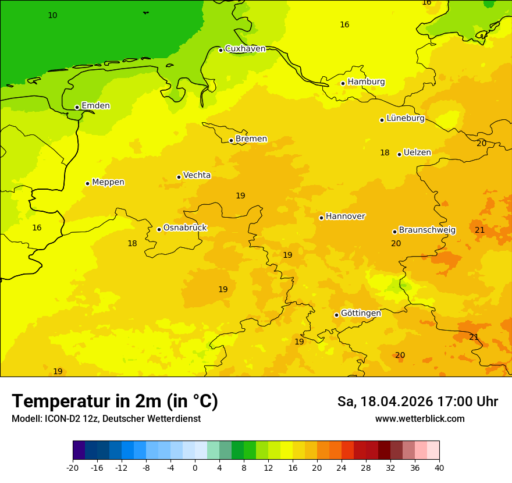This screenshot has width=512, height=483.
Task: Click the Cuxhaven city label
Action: coord(245,49)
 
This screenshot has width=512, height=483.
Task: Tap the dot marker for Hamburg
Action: coord(343,83)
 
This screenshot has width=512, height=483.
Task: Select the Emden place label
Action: coord(95,106)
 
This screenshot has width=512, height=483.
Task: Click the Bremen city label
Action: coord(251,139)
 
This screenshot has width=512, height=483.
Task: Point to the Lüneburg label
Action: coord(405,119)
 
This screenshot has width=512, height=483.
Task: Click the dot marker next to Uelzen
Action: coord(399,154)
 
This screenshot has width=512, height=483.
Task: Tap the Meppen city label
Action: coord(108,182)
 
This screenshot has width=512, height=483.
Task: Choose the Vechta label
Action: coord(197,175)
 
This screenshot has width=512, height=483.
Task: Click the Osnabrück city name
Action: coord(185,228)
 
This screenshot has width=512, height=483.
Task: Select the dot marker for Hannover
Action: coord(321,218)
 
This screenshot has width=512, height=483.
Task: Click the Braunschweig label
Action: coord(427,230)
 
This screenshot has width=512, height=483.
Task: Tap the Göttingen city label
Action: coord(361,314)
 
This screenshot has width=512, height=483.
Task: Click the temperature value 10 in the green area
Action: coord(52,16)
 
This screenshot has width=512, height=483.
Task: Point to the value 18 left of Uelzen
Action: coord(385,153)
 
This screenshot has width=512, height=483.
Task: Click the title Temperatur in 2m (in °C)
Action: coord(115,402)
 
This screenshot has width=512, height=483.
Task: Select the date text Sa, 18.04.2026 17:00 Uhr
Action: coord(417,402)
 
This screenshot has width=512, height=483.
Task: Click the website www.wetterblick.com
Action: coord(419,419)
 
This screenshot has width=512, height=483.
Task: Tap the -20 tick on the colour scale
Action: coord(73,468)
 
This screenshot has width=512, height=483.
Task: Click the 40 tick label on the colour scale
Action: coord(439,468)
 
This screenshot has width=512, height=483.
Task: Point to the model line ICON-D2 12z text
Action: coord(106,419)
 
